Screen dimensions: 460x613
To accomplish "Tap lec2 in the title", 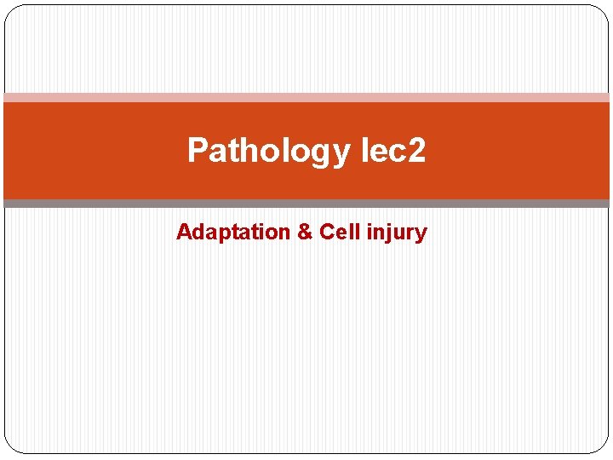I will coord(392,151).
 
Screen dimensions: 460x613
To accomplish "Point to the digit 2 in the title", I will coord(415,151).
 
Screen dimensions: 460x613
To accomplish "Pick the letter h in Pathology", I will coord(249,150).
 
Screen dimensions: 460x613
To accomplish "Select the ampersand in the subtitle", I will coord(305,232).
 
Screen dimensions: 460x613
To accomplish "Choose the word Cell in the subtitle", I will coord(338,232).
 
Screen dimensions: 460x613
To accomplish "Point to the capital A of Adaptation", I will coord(183,232).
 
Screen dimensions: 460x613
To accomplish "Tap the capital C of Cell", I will coord(327,232).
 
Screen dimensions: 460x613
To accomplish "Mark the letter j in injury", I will coord(386,234).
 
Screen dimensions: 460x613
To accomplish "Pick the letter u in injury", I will coord(397,233).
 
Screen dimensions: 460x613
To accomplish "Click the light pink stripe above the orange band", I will coord(306,97).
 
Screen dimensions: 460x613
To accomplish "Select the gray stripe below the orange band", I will coord(306,204).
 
